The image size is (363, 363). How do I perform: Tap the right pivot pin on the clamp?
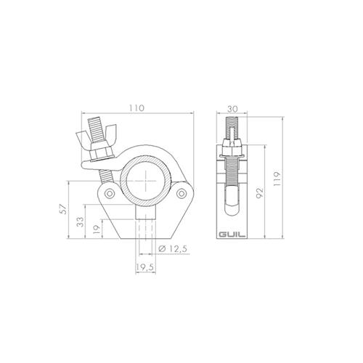182,193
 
